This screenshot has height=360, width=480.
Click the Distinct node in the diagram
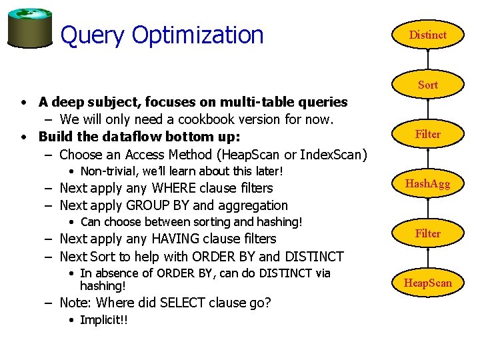pyautogui.click(x=427, y=35)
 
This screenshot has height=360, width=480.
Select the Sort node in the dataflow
pyautogui.click(x=427, y=85)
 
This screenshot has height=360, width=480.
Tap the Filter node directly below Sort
pyautogui.click(x=427, y=134)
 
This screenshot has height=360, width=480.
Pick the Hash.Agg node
pyautogui.click(x=427, y=184)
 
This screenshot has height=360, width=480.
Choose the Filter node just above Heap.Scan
pyautogui.click(x=427, y=233)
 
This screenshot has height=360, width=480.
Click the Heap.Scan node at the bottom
pyautogui.click(x=427, y=283)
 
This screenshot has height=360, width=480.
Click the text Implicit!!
pyautogui.click(x=103, y=320)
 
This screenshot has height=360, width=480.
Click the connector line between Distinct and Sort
pyautogui.click(x=427, y=60)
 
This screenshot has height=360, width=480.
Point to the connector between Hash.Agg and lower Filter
pyautogui.click(x=427, y=209)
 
